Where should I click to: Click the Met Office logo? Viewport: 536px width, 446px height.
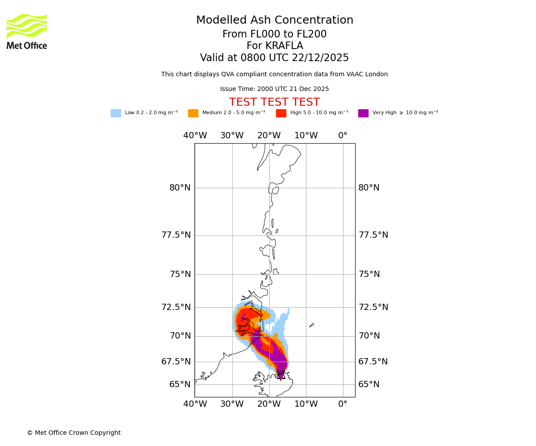point(27,31)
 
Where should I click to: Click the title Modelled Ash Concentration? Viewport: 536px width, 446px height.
point(275,21)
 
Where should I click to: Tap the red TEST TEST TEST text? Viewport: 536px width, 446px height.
point(274,102)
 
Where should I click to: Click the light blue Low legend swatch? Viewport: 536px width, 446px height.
point(116,113)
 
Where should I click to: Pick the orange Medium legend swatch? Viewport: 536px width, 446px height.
point(193,113)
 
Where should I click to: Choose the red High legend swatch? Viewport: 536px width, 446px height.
point(281,113)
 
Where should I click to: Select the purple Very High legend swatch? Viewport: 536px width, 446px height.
point(363,113)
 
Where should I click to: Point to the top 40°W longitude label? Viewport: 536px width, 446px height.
point(195,136)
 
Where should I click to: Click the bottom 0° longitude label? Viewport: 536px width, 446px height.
point(343,404)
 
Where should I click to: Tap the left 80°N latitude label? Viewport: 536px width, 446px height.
point(180,188)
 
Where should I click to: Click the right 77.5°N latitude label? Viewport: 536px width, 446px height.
point(373,235)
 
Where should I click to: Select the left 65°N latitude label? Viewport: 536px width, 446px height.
point(180,384)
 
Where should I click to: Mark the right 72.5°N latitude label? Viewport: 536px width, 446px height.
point(373,307)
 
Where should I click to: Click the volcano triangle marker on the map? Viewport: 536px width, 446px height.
point(281,375)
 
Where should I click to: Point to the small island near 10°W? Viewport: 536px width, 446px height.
point(311,325)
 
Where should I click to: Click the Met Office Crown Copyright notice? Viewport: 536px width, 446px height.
point(74,433)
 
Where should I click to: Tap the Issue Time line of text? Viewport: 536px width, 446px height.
point(274,89)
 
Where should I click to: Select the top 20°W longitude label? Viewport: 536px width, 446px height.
point(269,136)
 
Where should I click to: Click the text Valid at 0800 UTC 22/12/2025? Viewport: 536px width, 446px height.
point(274,58)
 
